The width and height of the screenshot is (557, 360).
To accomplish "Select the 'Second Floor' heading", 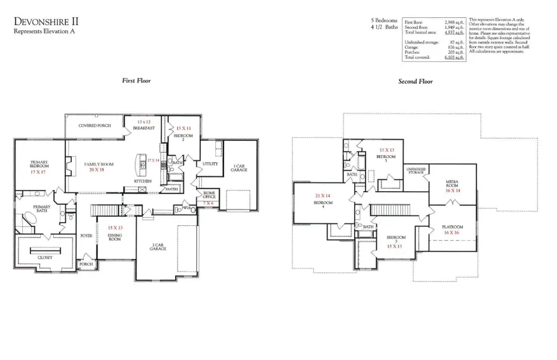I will pyautogui.click(x=416, y=81).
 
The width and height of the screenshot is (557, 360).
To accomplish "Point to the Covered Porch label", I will pyautogui.click(x=95, y=126).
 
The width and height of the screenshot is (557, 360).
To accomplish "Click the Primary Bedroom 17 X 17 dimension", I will pyautogui.click(x=39, y=173).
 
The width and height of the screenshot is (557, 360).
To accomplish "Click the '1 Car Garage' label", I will pyautogui.click(x=238, y=168).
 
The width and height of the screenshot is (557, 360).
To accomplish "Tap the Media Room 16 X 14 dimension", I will pyautogui.click(x=452, y=191).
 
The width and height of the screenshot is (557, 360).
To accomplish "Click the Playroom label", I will pyautogui.click(x=452, y=227).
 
